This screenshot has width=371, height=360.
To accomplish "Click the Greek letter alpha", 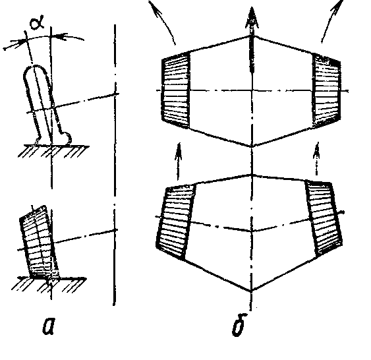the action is (37, 24).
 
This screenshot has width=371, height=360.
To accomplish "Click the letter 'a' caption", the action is (49, 326).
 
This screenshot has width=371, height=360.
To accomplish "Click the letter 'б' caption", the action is (239, 324).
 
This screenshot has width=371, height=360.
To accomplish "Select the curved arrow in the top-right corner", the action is (331, 20).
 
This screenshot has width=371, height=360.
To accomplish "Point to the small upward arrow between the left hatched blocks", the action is (179, 162).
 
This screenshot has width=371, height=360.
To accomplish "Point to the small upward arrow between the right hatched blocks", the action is (316, 159).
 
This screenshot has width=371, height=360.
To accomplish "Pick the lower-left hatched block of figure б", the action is (175, 222).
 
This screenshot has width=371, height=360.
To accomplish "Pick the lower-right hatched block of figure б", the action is (324, 218).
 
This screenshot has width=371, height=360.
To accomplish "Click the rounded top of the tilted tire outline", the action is (36, 67).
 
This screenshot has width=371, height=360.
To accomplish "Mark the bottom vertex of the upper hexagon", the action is (252, 146).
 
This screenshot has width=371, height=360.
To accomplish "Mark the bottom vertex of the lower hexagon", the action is (251, 291).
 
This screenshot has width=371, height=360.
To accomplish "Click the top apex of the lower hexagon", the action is (252, 175).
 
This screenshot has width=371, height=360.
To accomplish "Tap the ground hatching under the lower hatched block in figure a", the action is (49, 284).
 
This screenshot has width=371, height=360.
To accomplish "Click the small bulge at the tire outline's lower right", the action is (67, 137).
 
